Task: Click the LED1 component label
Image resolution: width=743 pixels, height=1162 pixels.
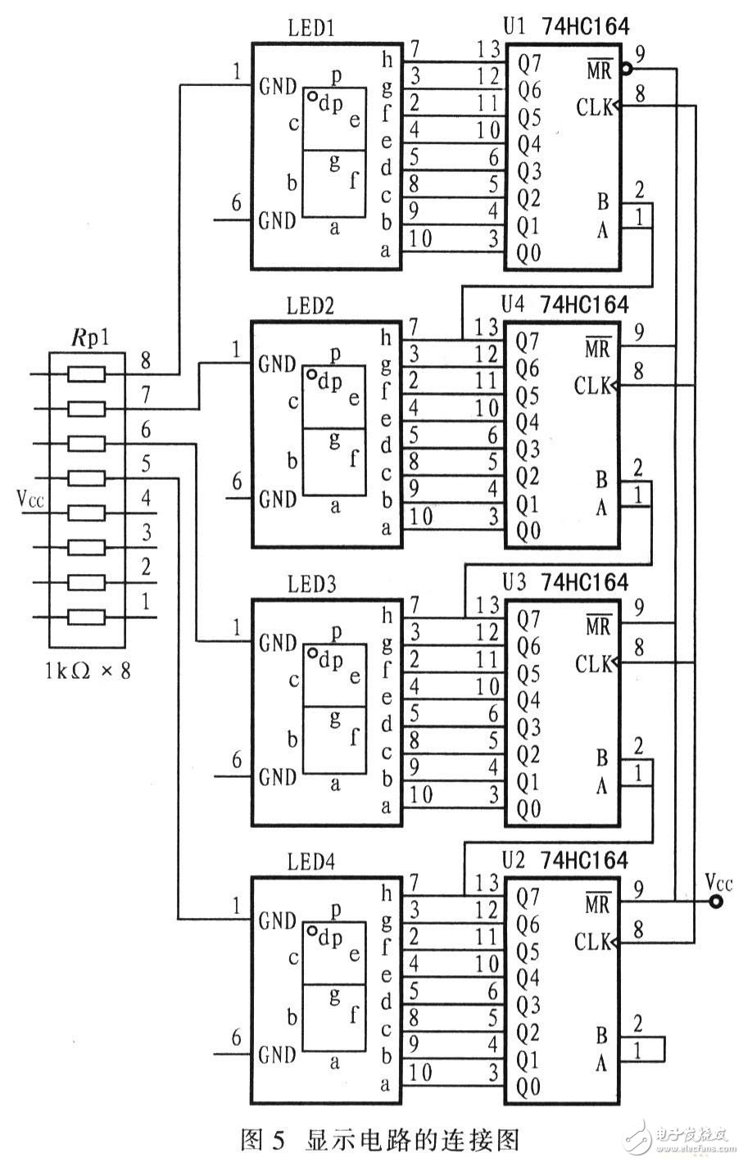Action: point(310,29)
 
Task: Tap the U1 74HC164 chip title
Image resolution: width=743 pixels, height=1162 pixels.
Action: point(565,26)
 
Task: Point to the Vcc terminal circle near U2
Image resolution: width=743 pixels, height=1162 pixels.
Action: point(717,902)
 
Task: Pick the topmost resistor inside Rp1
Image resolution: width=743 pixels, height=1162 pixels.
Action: point(87,374)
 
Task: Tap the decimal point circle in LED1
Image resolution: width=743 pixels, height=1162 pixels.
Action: point(314,97)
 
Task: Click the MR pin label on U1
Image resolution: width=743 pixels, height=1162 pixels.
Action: point(600,70)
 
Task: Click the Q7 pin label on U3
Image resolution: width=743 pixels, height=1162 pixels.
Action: point(528,620)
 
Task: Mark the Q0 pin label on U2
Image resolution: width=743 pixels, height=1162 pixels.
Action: point(528,1087)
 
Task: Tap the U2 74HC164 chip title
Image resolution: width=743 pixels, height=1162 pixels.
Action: point(565,860)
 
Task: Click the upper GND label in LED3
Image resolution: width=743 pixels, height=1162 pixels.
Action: point(277,644)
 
